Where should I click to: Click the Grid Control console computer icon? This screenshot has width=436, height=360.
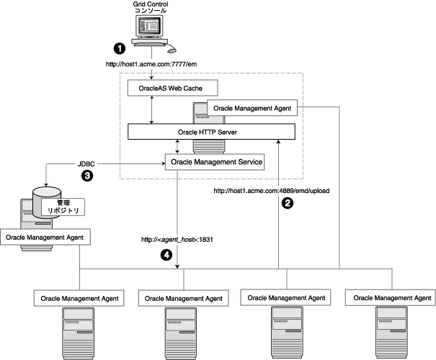coord(152,31)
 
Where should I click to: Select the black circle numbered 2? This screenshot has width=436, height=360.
coord(287,204)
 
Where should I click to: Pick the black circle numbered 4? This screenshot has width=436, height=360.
coord(166,254)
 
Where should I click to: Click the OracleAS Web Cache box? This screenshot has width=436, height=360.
coord(172,89)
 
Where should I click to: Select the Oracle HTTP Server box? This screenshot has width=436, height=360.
coord(211,132)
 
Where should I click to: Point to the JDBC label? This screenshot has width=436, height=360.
coord(87,164)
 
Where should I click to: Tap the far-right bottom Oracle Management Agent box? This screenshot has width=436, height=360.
coord(389,297)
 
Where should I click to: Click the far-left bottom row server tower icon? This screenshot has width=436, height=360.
coord(81,330)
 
